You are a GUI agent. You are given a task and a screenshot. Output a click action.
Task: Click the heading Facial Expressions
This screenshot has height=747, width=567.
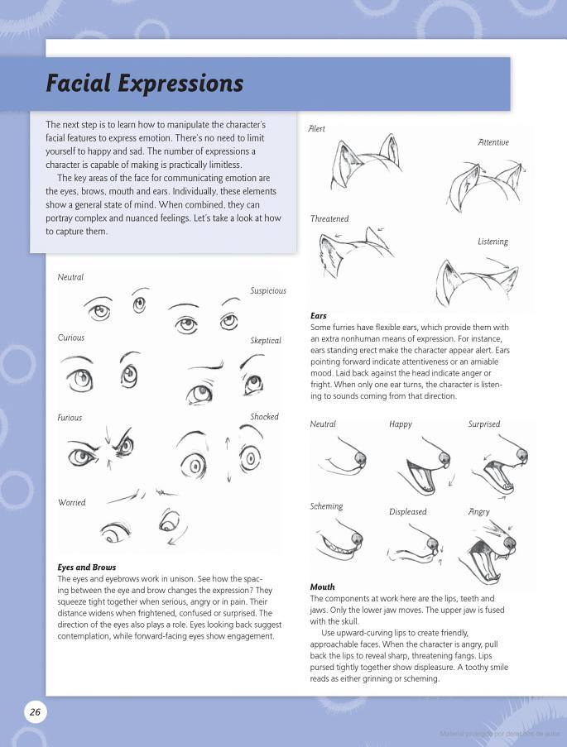click(x=144, y=84)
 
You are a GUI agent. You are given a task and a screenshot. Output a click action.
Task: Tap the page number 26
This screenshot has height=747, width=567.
click(x=35, y=712)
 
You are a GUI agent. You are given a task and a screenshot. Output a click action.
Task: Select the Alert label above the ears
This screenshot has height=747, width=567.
click(x=316, y=129)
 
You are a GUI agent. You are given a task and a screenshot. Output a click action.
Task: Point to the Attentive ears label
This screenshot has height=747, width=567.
click(x=493, y=142)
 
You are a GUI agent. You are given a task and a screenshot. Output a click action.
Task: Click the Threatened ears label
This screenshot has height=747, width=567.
click(x=329, y=219)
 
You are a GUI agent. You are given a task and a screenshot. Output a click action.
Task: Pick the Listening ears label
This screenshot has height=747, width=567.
click(x=493, y=242)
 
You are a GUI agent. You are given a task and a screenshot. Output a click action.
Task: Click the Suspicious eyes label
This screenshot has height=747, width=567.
click(x=268, y=290)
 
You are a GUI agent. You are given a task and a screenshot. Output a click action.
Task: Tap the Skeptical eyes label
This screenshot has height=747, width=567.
click(x=266, y=341)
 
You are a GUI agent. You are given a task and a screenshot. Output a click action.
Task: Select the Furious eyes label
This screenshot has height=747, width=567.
click(x=70, y=418)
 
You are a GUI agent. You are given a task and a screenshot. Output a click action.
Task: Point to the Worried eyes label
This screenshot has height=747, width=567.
click(x=71, y=502)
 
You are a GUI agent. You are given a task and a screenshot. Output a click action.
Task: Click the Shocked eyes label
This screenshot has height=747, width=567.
click(x=265, y=417)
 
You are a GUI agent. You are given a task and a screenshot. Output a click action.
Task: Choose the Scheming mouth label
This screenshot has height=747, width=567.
click(x=326, y=506)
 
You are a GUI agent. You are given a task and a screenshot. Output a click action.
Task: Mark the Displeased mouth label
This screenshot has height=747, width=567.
click(x=408, y=511)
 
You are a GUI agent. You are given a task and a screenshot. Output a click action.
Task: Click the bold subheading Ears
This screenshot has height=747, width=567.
click(x=319, y=316)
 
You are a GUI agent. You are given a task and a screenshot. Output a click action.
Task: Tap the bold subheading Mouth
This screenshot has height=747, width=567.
click(x=322, y=587)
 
